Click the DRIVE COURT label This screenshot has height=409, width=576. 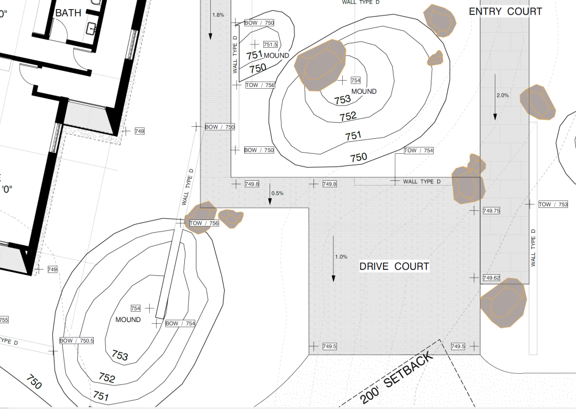tap(394, 266)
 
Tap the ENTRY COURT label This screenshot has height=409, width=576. tap(506, 12)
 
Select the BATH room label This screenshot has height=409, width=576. tap(68, 13)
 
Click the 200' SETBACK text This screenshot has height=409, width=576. tap(397, 378)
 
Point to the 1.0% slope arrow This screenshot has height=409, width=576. tap(333, 259)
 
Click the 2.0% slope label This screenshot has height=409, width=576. tap(502, 95)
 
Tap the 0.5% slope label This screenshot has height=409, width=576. tap(278, 194)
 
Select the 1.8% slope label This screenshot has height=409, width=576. tap(218, 15)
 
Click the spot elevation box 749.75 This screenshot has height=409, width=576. tap(491, 211)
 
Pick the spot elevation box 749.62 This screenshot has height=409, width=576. tap(491, 278)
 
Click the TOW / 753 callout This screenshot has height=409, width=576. tap(553, 204)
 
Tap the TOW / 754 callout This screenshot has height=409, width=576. tap(418, 150)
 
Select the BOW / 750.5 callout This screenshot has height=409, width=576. tap(77, 340)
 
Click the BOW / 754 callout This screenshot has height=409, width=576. tap(180, 323)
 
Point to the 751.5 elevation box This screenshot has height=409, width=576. tap(270, 44)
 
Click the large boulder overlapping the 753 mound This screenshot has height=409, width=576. tap(320, 65)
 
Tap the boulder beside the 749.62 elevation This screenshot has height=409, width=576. tap(503, 303)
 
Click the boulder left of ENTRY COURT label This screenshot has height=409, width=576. tap(439, 21)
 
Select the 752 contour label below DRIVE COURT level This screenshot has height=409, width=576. tap(107, 377)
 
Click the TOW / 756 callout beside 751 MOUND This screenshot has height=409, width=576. tap(260, 85)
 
